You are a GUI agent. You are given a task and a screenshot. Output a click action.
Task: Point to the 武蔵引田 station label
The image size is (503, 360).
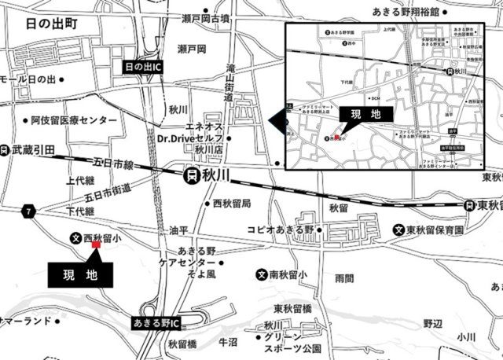tap(31, 147)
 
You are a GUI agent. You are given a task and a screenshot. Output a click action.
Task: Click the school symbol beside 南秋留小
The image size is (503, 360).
tap(261, 275)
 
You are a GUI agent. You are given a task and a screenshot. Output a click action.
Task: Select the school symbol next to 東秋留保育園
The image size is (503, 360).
tap(400, 230)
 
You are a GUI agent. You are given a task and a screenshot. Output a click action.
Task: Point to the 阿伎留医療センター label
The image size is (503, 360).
tap(75, 120)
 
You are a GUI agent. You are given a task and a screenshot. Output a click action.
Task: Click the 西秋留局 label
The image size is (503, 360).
tap(232, 203)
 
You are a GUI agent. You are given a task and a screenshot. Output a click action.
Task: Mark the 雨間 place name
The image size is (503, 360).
tap(344, 277)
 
